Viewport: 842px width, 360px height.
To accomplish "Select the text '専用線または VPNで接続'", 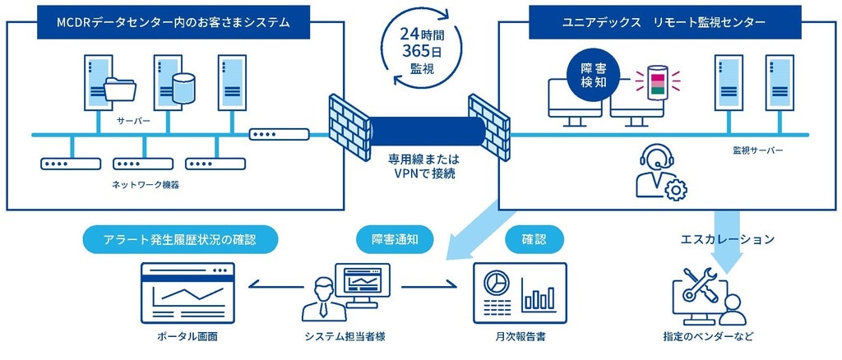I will [424, 166].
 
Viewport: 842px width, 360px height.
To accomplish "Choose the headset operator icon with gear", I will [660, 172].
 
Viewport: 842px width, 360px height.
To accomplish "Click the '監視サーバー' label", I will [757, 150].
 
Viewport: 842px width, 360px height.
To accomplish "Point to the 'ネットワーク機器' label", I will [146, 186].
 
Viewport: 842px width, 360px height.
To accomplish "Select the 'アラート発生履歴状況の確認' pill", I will [180, 240].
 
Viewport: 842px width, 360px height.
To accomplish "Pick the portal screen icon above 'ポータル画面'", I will [187, 293].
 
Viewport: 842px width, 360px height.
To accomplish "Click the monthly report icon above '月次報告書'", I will [519, 293].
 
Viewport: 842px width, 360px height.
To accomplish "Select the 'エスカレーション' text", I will [727, 240].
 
